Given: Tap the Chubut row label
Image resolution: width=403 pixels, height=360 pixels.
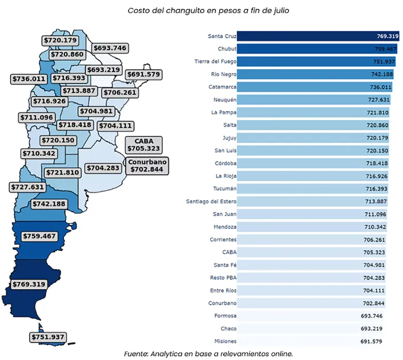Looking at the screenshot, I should pyautogui.click(x=222, y=49).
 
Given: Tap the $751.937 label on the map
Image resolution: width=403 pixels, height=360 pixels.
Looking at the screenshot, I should pyautogui.click(x=48, y=337).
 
